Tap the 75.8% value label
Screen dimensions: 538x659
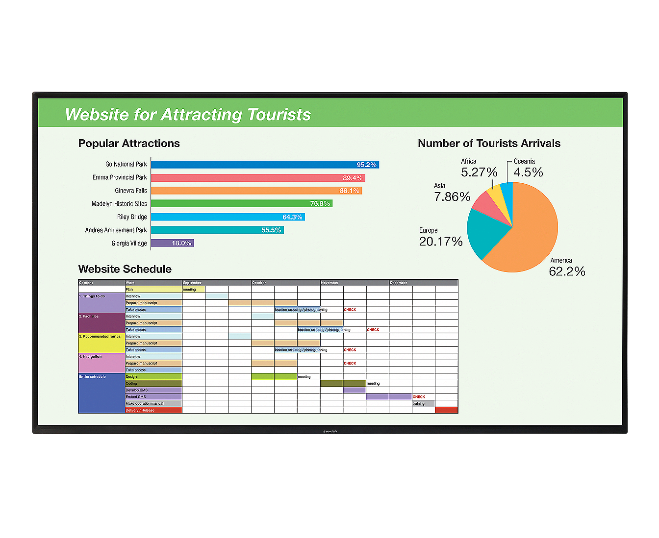[x=320, y=204]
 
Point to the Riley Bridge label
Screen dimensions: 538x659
[x=132, y=217]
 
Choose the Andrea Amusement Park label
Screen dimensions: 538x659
[x=116, y=230]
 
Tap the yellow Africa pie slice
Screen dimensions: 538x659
[x=496, y=193]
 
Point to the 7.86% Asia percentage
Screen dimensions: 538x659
[x=452, y=197]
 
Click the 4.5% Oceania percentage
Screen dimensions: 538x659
[x=528, y=172]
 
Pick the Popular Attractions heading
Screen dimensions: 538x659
[x=129, y=144]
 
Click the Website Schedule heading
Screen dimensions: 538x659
[x=125, y=269]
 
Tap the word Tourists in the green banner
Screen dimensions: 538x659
[x=279, y=115]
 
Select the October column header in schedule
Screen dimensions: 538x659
[x=259, y=283]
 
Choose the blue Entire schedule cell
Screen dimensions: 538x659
[x=101, y=393]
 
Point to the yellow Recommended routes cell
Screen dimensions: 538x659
[x=101, y=343]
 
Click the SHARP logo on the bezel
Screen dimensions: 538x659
[x=330, y=431]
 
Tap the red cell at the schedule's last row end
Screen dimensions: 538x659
[x=446, y=410]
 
